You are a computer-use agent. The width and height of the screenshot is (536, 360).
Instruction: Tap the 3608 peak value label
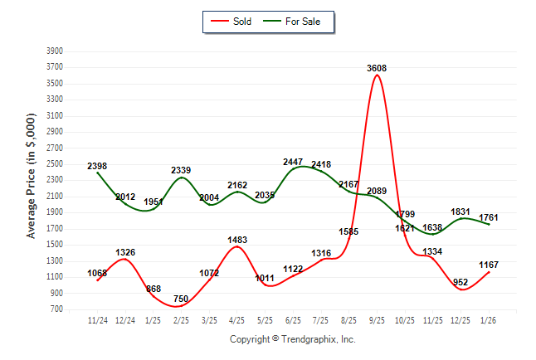click(x=378, y=68)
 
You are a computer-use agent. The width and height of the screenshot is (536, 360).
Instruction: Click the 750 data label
click(x=182, y=299)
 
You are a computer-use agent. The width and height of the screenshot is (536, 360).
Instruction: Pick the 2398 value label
click(x=97, y=166)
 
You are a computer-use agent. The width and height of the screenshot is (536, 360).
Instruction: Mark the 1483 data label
click(x=237, y=240)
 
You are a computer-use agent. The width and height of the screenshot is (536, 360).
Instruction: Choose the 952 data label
click(x=461, y=281)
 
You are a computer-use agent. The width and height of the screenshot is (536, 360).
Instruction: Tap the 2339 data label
click(x=182, y=170)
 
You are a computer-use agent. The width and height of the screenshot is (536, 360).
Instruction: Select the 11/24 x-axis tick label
click(x=98, y=319)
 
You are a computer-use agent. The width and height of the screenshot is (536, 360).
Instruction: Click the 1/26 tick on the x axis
click(x=489, y=319)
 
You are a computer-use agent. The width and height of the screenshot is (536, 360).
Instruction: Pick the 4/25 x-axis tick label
click(x=237, y=319)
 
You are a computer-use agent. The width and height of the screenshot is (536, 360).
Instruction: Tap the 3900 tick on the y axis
click(x=55, y=51)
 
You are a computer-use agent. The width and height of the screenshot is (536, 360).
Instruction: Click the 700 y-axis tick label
click(x=57, y=309)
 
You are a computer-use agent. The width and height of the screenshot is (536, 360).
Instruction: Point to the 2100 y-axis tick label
click(x=55, y=197)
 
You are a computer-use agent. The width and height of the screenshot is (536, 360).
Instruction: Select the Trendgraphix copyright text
click(x=292, y=339)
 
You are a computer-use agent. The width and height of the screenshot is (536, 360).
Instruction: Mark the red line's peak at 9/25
click(x=378, y=75)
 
